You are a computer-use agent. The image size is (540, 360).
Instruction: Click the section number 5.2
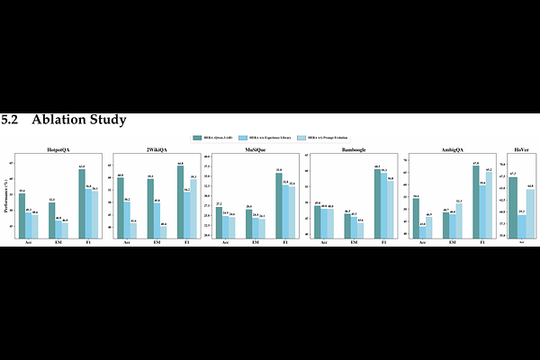coord(13,119)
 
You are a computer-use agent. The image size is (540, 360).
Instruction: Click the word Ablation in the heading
coord(59,119)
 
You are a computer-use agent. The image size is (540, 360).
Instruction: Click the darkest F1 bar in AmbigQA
coord(475,201)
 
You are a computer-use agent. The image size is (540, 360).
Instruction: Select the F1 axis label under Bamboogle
coord(384,241)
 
